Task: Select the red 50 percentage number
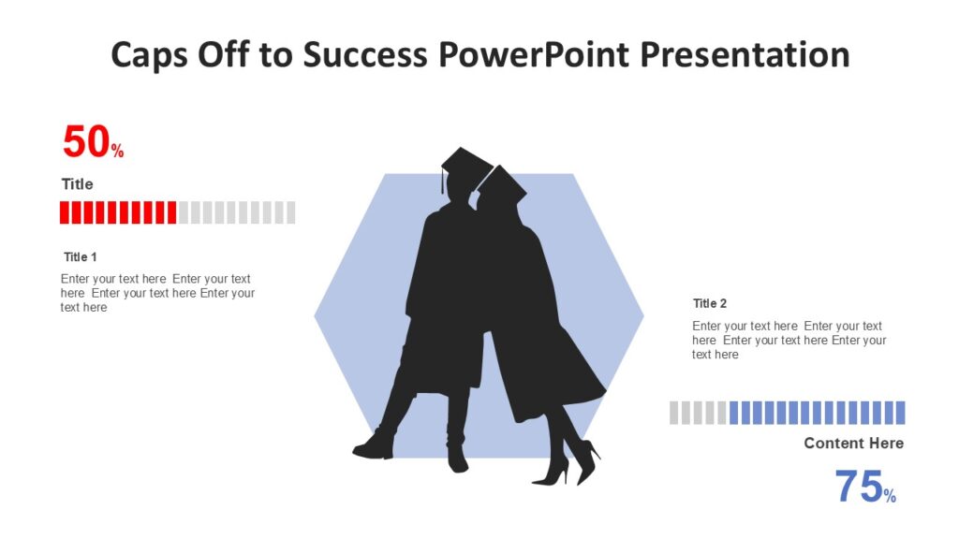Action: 86,142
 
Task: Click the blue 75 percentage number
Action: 859,488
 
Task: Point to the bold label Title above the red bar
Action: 78,184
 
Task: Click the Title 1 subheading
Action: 81,256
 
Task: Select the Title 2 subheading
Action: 710,303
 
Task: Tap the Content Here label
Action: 853,444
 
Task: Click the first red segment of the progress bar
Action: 65,212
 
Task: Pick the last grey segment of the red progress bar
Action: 290,212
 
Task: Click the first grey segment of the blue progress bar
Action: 674,413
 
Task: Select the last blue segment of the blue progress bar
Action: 900,413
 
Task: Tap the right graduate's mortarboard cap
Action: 501,183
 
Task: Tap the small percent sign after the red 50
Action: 118,152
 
